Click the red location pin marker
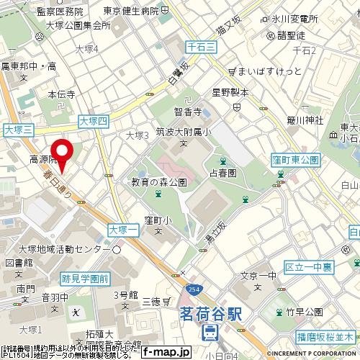(x=63, y=154)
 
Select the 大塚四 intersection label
(x=94, y=122)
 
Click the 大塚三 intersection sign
(x=19, y=130)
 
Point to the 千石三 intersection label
(x=199, y=45)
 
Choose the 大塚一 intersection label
(x=122, y=228)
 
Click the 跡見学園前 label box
(x=85, y=277)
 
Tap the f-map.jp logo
(x=166, y=353)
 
